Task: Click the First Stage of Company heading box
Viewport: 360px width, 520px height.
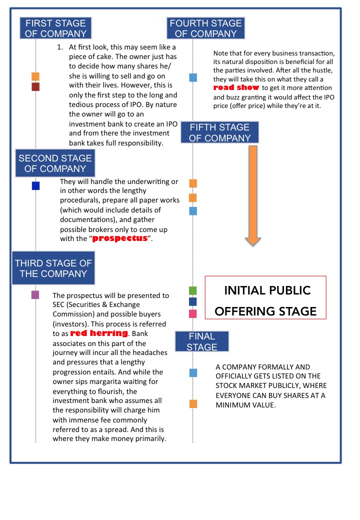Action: pyautogui.click(x=55, y=28)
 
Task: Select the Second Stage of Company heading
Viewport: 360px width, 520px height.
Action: pyautogui.click(x=55, y=163)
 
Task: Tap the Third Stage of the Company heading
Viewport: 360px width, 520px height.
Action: pyautogui.click(x=53, y=268)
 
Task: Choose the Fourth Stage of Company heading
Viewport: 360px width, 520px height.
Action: pyautogui.click(x=206, y=28)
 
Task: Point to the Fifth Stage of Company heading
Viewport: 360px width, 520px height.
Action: pyautogui.click(x=220, y=132)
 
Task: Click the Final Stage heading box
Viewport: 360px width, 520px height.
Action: pyautogui.click(x=202, y=341)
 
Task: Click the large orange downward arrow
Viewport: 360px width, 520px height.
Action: pyautogui.click(x=253, y=195)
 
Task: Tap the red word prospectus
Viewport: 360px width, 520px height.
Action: pyautogui.click(x=121, y=238)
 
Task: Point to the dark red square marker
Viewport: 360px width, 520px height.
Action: pyautogui.click(x=35, y=87)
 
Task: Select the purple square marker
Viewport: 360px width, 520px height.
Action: pyautogui.click(x=35, y=295)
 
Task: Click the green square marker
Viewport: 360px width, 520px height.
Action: pyautogui.click(x=193, y=290)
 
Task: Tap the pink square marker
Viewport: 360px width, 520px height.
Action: pyautogui.click(x=193, y=314)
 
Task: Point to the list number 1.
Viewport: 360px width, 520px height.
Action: pyautogui.click(x=60, y=47)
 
